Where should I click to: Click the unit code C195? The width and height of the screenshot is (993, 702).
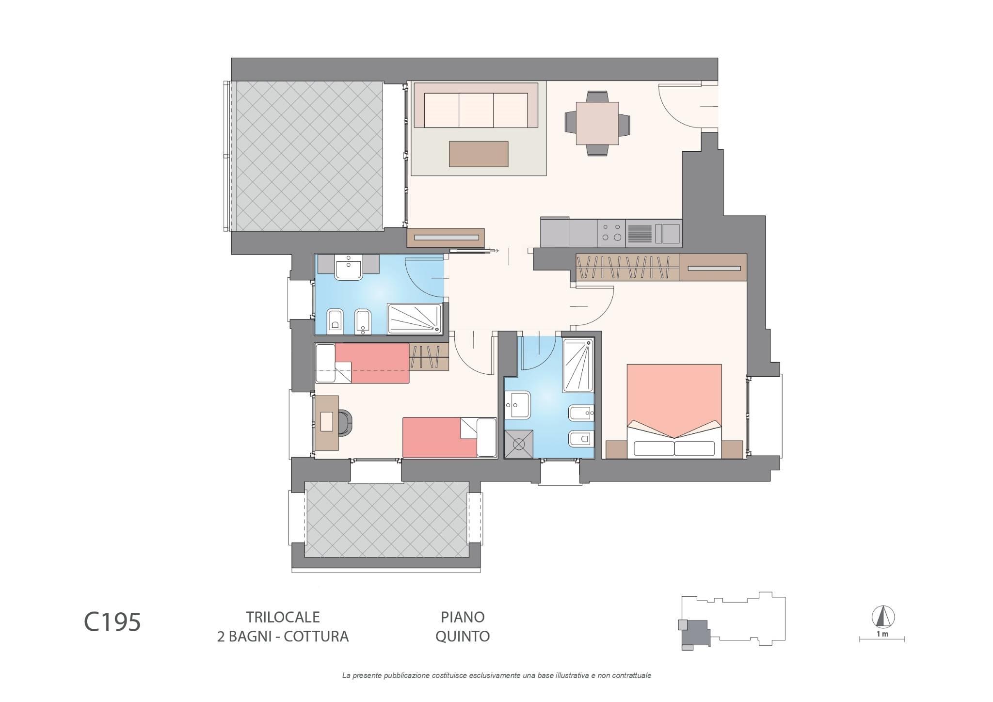(x=112, y=622)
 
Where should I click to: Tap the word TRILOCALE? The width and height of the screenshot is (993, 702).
(x=283, y=617)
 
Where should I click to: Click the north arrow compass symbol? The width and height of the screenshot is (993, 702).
(x=883, y=617)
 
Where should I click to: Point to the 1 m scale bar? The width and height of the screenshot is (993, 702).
(x=882, y=639)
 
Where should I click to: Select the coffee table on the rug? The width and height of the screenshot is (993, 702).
(x=479, y=154)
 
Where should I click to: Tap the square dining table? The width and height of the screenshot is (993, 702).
(x=597, y=124)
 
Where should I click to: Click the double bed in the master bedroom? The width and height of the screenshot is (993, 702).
(x=674, y=411)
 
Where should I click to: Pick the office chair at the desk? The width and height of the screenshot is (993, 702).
(x=345, y=422)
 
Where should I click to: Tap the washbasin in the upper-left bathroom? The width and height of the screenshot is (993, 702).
(x=349, y=268)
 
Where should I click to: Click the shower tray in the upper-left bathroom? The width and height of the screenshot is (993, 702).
(x=415, y=319)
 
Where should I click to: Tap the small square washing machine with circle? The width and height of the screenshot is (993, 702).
(x=519, y=444)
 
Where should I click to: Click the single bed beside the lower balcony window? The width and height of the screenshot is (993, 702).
(x=449, y=437)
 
